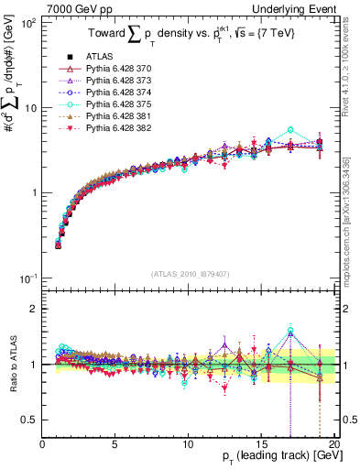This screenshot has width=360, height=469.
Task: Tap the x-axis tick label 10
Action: [188, 443]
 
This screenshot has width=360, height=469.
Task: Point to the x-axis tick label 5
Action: [115, 443]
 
